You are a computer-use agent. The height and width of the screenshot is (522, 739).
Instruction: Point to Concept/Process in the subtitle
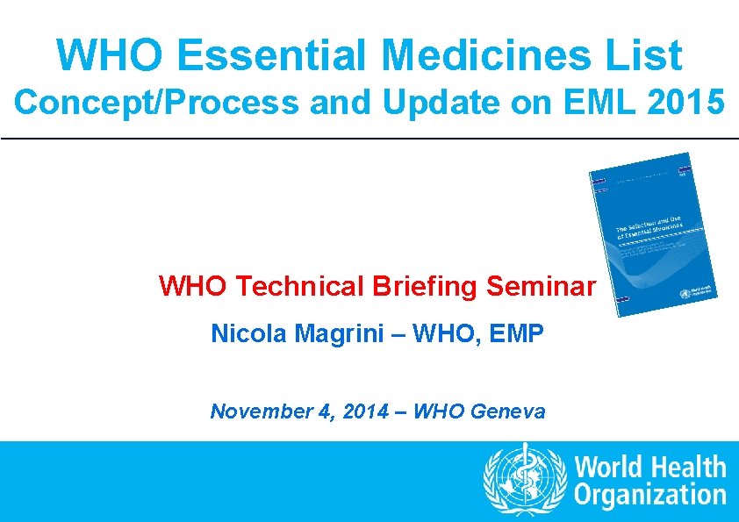[156, 103]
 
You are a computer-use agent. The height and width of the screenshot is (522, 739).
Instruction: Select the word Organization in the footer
[650, 495]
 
